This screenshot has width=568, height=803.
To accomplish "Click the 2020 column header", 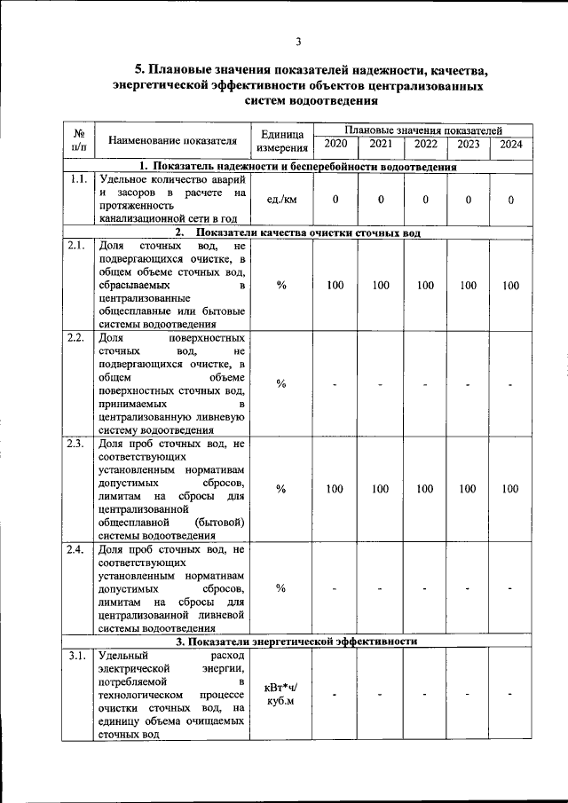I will (x=335, y=144).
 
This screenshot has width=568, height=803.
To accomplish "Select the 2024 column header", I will (x=510, y=144).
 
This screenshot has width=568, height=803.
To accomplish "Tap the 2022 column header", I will (x=425, y=144).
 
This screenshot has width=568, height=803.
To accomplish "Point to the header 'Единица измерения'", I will (x=281, y=140).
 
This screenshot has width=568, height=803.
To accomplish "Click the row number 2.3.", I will (x=77, y=444).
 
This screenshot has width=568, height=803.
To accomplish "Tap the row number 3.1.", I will (x=77, y=656).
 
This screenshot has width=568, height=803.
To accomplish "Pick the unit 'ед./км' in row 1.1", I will (x=281, y=200).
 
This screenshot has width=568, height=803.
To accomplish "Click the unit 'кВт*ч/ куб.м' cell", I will (x=281, y=695).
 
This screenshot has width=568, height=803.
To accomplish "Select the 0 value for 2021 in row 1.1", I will (x=380, y=200).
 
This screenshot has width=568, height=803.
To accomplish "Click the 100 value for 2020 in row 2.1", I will (x=335, y=286).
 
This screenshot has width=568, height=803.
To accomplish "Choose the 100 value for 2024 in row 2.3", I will (x=510, y=489).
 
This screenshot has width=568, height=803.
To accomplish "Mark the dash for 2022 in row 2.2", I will (x=425, y=384).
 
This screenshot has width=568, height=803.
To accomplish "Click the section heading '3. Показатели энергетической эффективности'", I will (x=296, y=642).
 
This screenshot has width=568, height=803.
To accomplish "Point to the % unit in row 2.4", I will (x=281, y=588).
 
